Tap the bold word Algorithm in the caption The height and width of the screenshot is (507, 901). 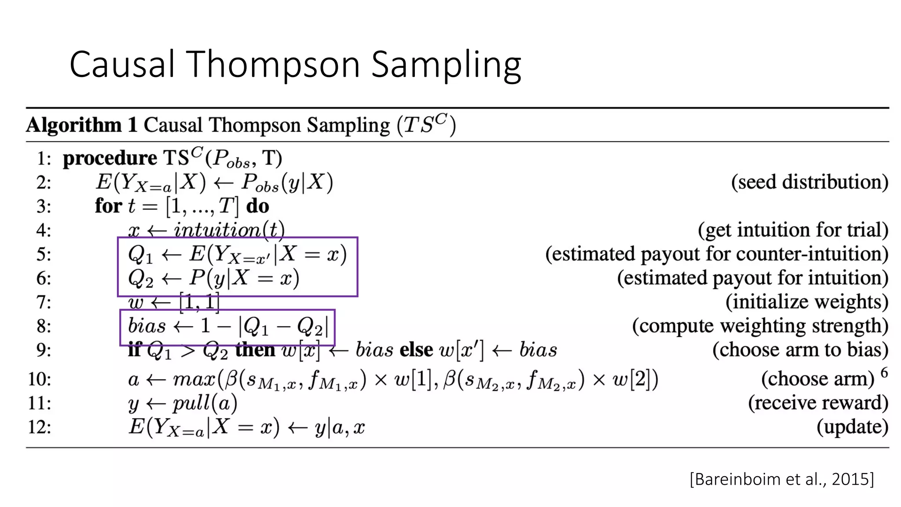73,125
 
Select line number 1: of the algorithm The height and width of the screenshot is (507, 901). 44,158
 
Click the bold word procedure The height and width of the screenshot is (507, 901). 110,158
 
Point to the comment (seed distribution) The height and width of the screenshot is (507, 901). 809,182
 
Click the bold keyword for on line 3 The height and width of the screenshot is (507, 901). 108,206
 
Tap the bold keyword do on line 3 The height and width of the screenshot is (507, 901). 257,206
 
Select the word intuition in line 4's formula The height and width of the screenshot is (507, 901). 217,230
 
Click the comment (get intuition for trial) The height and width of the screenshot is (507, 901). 793,230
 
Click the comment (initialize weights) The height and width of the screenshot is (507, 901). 806,302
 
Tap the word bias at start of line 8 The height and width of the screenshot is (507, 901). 147,326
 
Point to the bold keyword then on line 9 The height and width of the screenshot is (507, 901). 255,350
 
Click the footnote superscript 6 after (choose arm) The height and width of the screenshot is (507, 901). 884,373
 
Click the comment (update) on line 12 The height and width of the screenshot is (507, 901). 852,427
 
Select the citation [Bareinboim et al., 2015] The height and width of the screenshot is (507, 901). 782,479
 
